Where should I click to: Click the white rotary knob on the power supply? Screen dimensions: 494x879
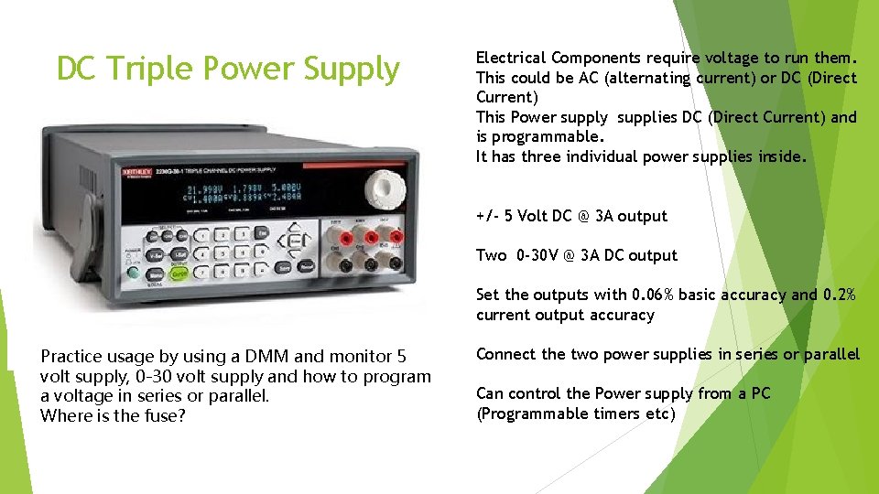(386, 188)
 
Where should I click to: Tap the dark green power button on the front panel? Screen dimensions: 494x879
(134, 273)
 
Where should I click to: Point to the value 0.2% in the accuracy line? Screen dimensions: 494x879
(838, 295)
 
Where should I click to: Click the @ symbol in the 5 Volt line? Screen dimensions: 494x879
(581, 216)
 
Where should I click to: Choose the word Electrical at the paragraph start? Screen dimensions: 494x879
(510, 58)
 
